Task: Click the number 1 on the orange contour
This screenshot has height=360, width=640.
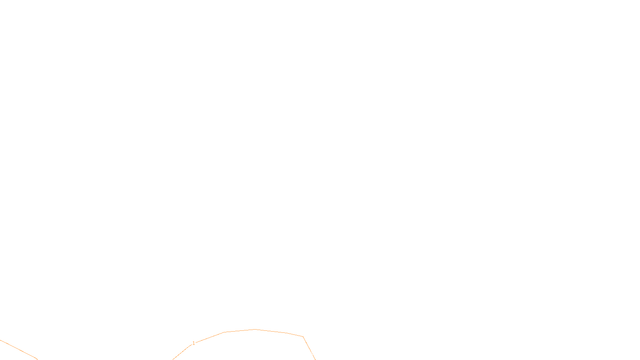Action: click(194, 343)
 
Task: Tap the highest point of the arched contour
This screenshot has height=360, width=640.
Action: click(255, 330)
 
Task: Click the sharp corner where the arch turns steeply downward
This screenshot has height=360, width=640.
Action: click(303, 336)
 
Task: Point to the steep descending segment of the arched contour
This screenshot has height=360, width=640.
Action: click(309, 348)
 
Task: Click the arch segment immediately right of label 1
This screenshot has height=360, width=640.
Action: click(210, 338)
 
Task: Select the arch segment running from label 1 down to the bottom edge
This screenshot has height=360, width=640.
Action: click(182, 352)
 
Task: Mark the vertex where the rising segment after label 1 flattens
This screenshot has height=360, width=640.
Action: click(224, 332)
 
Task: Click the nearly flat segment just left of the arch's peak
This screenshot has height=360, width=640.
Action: click(240, 330)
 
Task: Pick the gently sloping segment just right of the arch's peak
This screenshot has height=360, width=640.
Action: click(271, 331)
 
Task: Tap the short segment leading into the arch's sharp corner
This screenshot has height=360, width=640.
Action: click(295, 334)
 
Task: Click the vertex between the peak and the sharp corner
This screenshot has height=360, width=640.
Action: click(286, 333)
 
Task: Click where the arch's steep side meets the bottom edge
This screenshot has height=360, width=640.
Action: click(316, 360)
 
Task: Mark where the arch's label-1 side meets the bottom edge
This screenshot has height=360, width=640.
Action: click(172, 360)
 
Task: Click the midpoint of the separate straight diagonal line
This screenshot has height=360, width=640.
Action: click(18, 349)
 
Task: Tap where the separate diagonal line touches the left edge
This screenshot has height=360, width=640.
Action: click(0, 340)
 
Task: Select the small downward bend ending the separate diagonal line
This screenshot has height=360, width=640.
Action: click(37, 359)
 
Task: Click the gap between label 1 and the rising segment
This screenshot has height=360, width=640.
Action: click(196, 343)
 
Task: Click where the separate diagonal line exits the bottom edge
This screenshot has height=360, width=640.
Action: click(38, 360)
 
